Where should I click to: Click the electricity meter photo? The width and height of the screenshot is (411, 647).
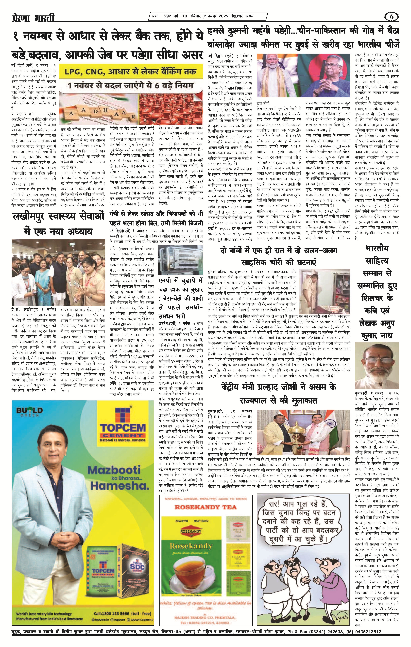(178, 260)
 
